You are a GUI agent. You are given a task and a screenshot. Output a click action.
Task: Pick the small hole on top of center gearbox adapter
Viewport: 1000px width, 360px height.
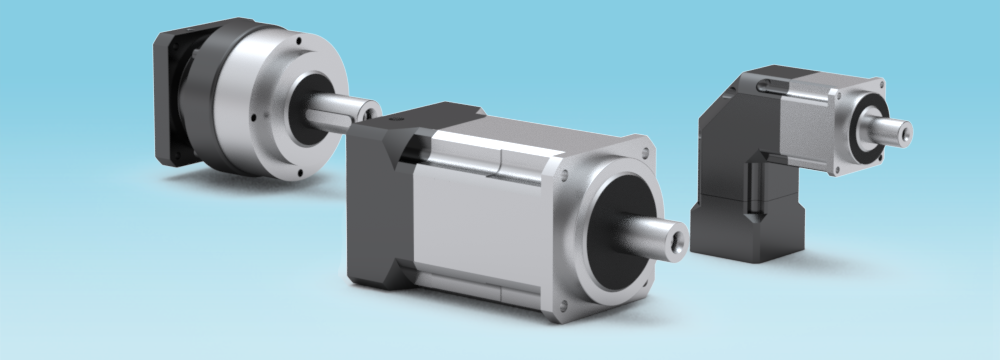click(397, 119)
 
